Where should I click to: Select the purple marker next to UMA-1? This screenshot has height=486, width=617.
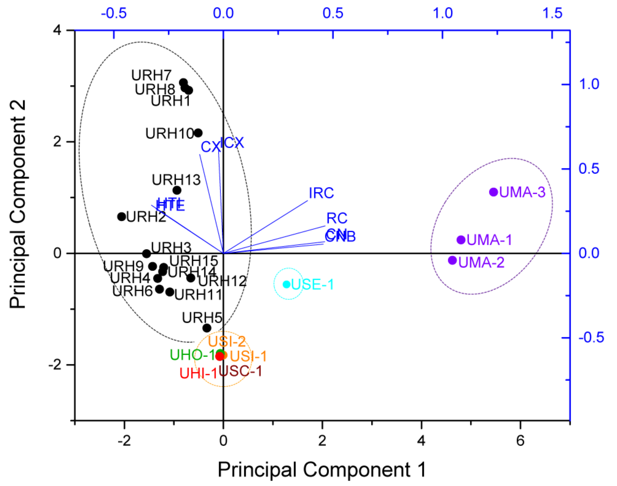[461, 240]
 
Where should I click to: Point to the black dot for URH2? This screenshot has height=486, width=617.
[121, 217]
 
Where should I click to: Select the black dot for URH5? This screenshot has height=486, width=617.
[207, 328]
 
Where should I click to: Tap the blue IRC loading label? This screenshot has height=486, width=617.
[321, 193]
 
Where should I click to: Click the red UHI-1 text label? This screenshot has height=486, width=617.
[198, 373]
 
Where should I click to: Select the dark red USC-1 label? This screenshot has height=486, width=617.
[240, 371]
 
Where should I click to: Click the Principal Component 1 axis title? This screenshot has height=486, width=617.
[322, 469]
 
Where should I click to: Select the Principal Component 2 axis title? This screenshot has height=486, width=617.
[18, 204]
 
